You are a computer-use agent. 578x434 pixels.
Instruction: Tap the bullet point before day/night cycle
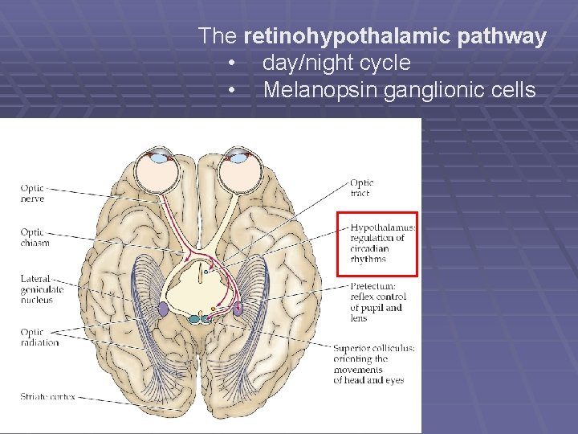231,63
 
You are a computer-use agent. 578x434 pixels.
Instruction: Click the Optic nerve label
33,194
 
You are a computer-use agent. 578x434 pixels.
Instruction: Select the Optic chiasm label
35,238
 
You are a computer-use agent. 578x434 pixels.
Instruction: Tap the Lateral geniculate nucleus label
37,289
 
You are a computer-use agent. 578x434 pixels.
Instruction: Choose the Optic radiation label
39,337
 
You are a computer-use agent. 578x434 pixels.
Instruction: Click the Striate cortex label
48,396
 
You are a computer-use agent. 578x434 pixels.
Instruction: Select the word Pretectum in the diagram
372,286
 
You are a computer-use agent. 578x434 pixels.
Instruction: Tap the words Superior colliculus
374,348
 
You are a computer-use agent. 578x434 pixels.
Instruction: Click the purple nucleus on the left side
163,308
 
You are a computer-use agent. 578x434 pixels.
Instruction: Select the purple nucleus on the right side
238,307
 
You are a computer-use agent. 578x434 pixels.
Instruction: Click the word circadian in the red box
370,248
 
